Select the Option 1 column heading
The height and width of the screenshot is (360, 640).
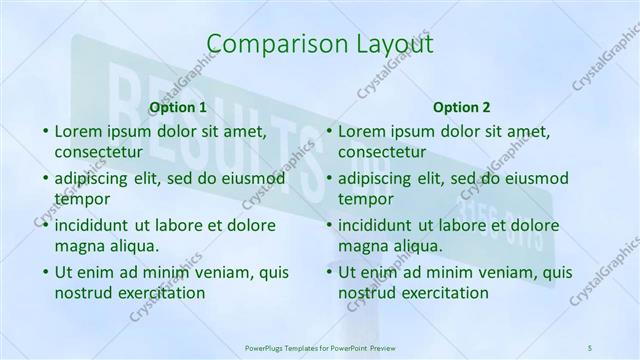click(177, 107)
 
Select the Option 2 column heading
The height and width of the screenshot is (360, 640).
click(462, 107)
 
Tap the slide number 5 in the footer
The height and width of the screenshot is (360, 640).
click(589, 346)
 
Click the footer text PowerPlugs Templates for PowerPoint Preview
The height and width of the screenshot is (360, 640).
click(320, 346)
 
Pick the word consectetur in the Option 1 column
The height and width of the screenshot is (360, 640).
click(98, 152)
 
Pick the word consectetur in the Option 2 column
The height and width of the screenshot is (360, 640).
click(382, 152)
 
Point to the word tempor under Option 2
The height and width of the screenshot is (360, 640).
click(366, 199)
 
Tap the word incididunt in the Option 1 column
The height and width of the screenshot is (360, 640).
click(95, 225)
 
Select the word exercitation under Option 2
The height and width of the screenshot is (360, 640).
click(443, 292)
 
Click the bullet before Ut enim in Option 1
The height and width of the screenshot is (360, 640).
click(45, 272)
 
